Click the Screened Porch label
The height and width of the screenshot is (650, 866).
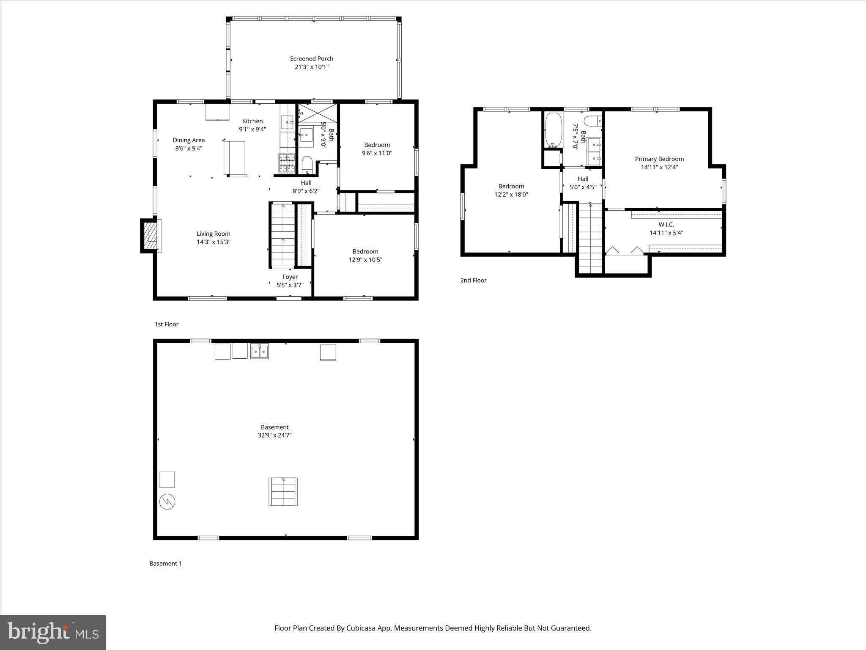311,59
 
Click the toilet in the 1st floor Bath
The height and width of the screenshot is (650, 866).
307,165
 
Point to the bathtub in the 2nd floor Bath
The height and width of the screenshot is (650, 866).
554,129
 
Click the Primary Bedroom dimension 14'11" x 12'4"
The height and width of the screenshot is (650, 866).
659,167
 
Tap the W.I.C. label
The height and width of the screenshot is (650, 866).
666,225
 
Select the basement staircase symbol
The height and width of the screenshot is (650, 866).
283,491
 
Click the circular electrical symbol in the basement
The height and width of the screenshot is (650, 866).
167,502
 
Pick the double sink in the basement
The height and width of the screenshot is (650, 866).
259,351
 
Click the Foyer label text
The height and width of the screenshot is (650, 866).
290,277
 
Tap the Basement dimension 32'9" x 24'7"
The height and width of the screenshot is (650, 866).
274,435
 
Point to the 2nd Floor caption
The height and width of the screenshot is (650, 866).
473,280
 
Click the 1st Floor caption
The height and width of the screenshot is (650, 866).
166,324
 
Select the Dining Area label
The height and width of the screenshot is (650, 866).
189,140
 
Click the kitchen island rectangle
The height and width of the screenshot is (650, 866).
234,157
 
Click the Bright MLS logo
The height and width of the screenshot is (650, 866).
53,632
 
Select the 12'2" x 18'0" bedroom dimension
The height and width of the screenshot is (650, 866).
511,195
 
